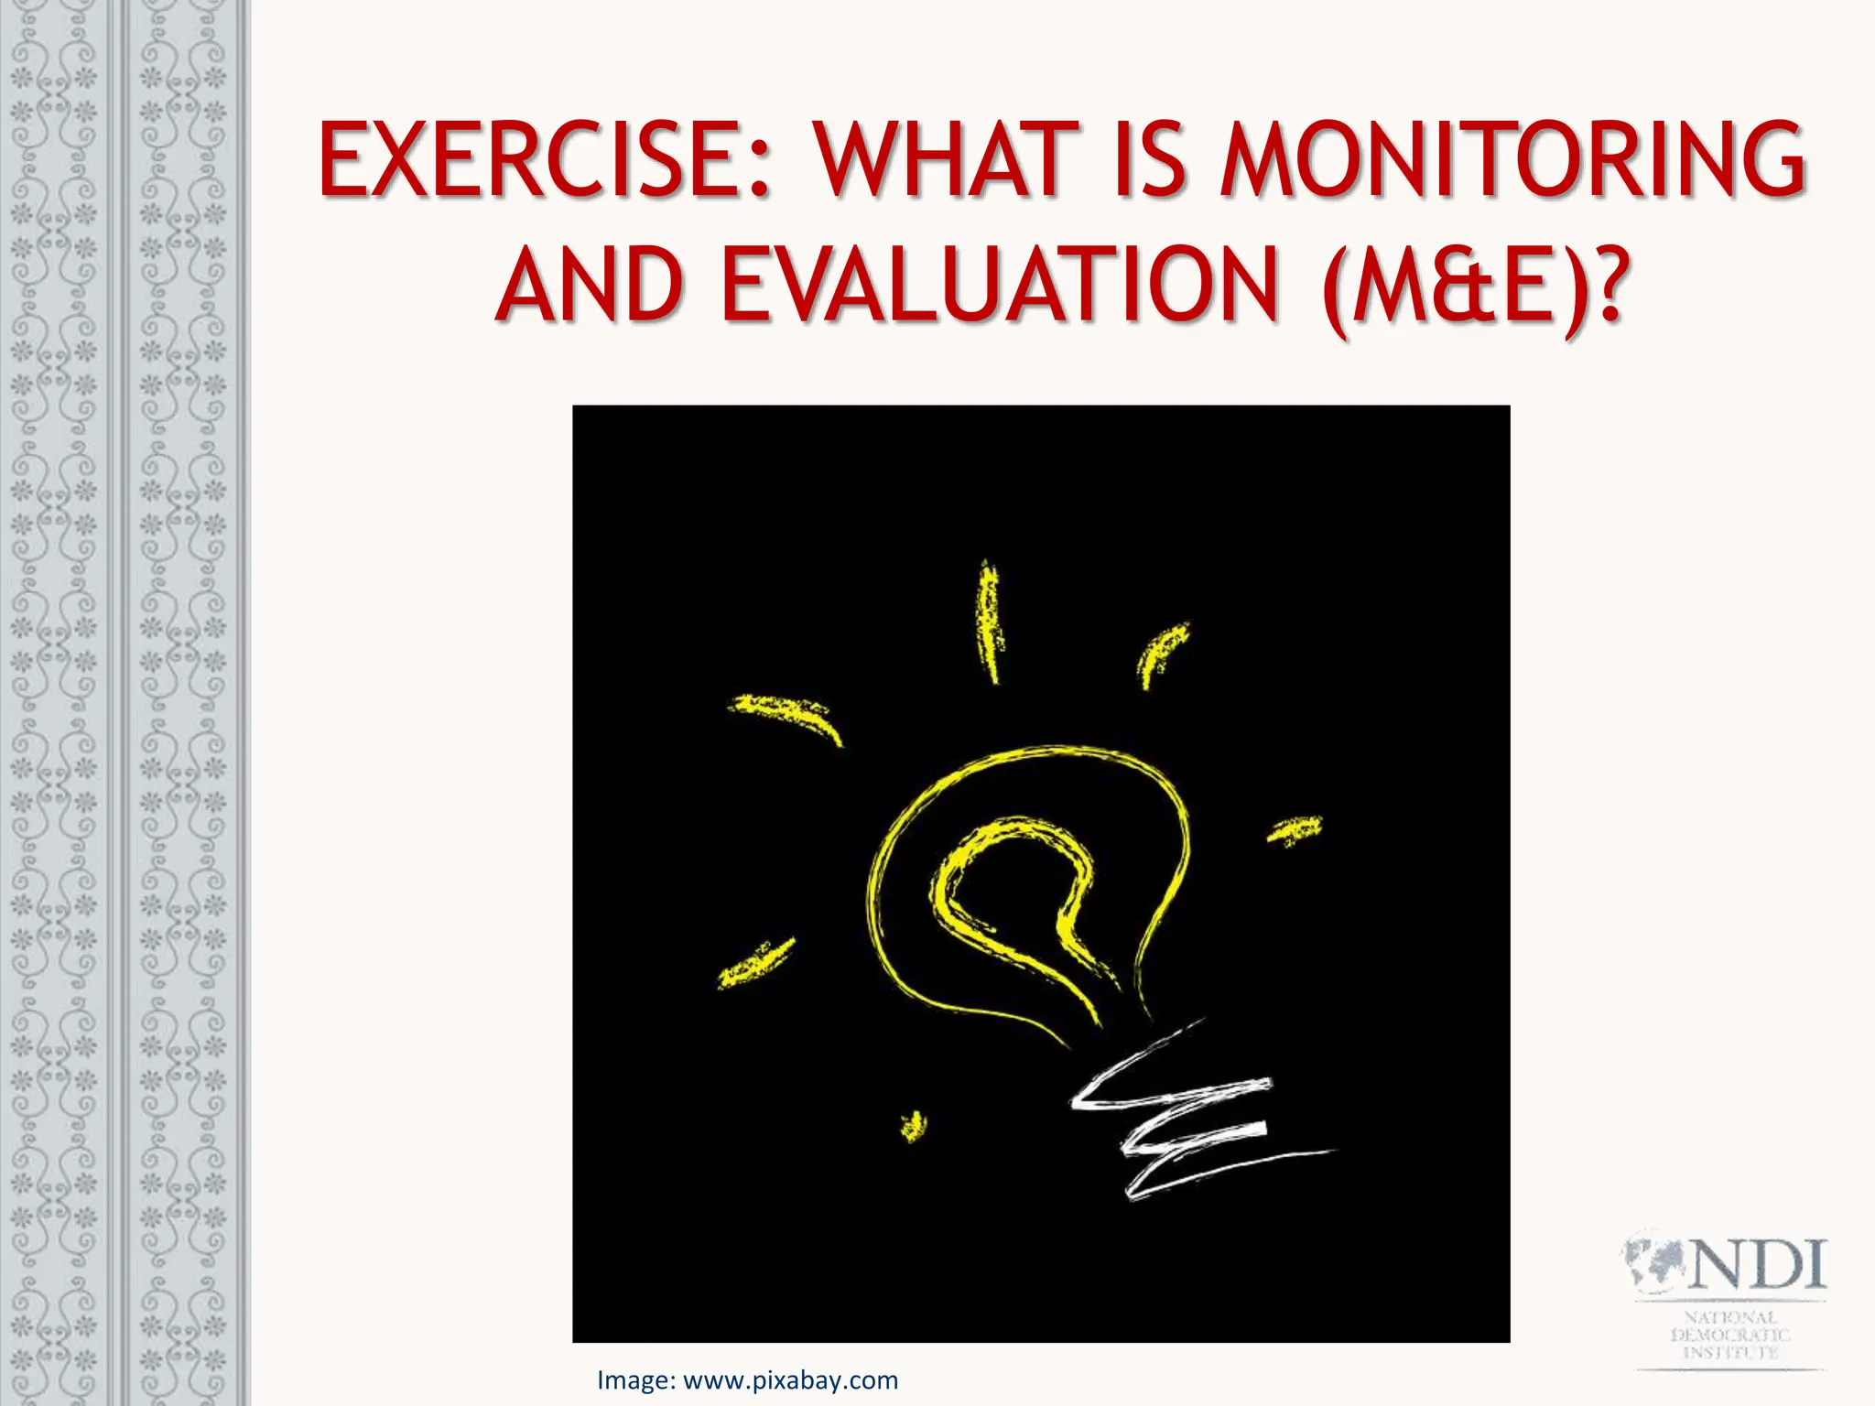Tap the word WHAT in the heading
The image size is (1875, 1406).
947,160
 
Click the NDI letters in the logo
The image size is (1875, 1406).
1756,1265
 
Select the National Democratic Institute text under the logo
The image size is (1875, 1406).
1729,1335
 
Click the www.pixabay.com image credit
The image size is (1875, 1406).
791,1380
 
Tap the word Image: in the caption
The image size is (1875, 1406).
636,1380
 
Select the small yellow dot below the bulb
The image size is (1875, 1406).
913,1126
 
